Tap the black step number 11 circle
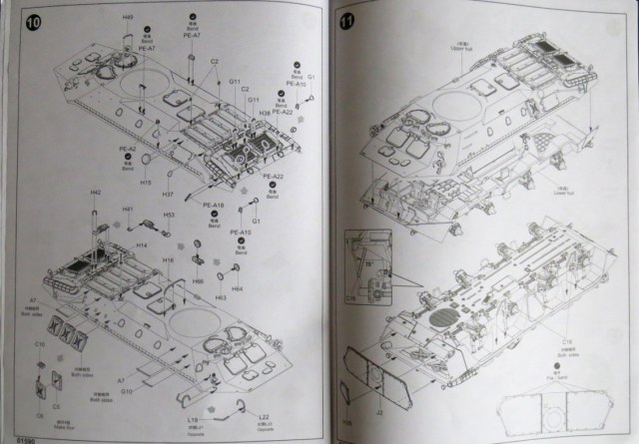click(347, 19)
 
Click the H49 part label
click(128, 18)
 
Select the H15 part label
click(146, 183)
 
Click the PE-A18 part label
click(214, 206)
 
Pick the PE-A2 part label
click(130, 149)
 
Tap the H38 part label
click(265, 114)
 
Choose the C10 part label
click(40, 344)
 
